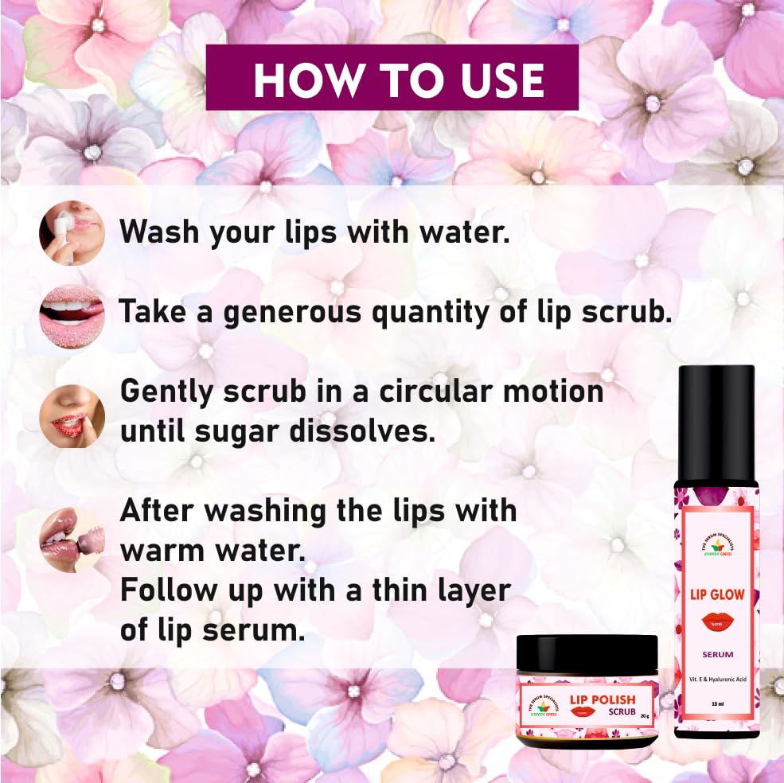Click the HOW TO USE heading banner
pyautogui.click(x=392, y=77)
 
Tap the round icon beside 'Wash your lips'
pyautogui.click(x=72, y=232)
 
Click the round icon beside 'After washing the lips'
pyautogui.click(x=72, y=540)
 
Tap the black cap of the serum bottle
pyautogui.click(x=716, y=422)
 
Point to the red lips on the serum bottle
pyautogui.click(x=716, y=622)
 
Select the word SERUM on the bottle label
pyautogui.click(x=716, y=655)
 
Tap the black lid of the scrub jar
pyautogui.click(x=587, y=657)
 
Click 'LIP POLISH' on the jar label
pyautogui.click(x=602, y=700)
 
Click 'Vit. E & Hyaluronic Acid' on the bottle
pyautogui.click(x=716, y=677)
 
